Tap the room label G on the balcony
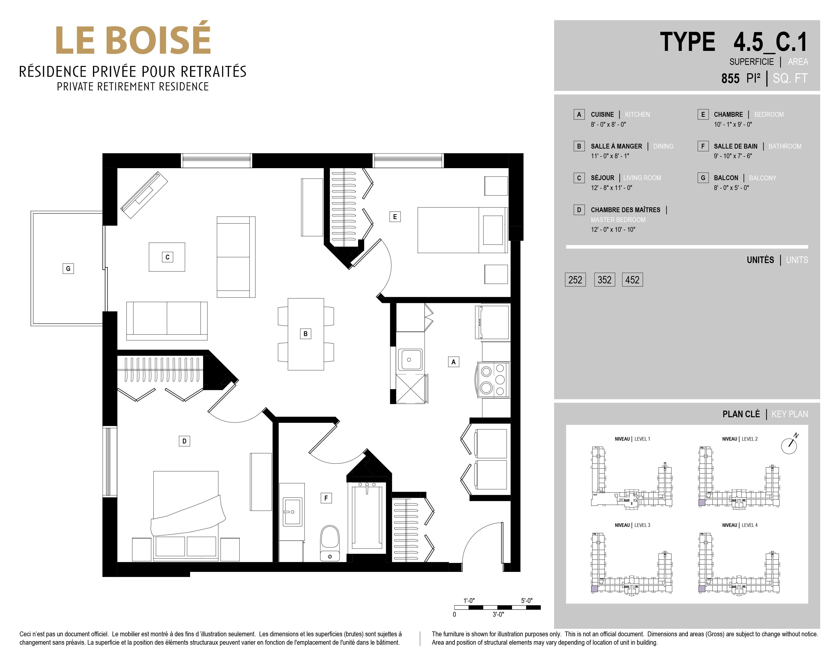68,268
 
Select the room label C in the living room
167,257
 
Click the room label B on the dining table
305,334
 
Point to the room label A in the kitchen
453,362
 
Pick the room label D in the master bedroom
184,441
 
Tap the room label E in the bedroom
395,217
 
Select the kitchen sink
410,359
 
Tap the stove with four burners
493,380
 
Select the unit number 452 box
632,280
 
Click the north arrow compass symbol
789,444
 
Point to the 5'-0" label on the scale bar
526,601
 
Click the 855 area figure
730,78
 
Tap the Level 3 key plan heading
632,525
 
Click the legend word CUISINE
602,114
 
